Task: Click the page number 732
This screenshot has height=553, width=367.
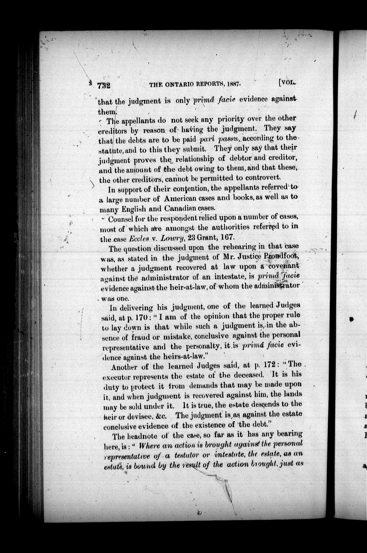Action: click(x=104, y=85)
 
